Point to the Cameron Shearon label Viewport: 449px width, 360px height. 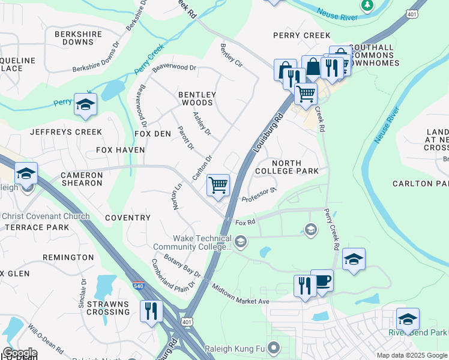coord(81,179)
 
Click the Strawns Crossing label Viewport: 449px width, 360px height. coord(108,308)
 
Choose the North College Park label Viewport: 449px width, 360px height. coord(295,167)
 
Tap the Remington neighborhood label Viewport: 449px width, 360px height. coord(68,257)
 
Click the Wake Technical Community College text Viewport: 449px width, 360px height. coord(193,242)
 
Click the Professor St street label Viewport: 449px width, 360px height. coord(259,194)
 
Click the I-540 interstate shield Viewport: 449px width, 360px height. coord(138,287)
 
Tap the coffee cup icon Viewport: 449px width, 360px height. coord(322,281)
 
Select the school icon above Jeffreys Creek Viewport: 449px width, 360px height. coord(85,104)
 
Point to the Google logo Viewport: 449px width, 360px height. coord(20,353)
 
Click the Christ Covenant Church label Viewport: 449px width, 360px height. coord(45,217)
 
